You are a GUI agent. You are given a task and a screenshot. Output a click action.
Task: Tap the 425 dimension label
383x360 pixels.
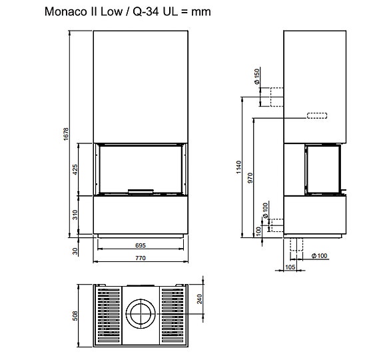point(76,169)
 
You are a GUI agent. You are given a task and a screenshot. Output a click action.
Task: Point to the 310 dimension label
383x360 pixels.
point(76,214)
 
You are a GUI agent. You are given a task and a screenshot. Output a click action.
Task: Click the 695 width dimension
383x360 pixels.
point(140,245)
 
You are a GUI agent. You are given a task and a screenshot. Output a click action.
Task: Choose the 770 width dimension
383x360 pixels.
point(140,257)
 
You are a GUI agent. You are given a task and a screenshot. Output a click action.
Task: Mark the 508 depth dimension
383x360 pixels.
point(75,314)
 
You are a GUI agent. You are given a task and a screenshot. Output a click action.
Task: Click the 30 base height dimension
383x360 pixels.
point(76,251)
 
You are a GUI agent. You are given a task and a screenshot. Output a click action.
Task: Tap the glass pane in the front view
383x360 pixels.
point(141,168)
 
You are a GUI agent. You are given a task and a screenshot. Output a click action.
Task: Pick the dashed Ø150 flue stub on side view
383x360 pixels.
point(272,97)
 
